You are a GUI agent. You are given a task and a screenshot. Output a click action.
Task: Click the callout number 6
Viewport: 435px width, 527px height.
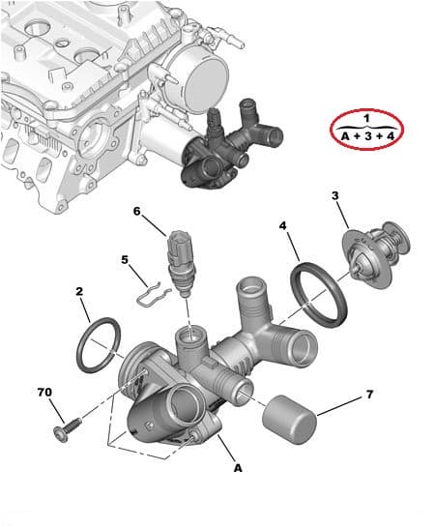pos(136,211)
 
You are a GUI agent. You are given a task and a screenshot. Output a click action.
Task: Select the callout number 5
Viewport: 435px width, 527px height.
pos(125,259)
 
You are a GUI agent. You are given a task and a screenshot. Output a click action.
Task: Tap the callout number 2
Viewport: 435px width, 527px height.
pos(79,290)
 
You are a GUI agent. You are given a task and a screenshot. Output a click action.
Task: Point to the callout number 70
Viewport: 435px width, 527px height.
pos(43,393)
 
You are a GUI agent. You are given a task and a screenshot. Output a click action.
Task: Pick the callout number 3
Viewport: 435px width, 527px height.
pos(335,196)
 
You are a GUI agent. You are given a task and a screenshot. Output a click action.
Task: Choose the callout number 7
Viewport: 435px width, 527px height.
pos(368,395)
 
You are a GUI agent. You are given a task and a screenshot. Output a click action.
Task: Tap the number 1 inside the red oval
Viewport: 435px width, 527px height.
pos(366,118)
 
